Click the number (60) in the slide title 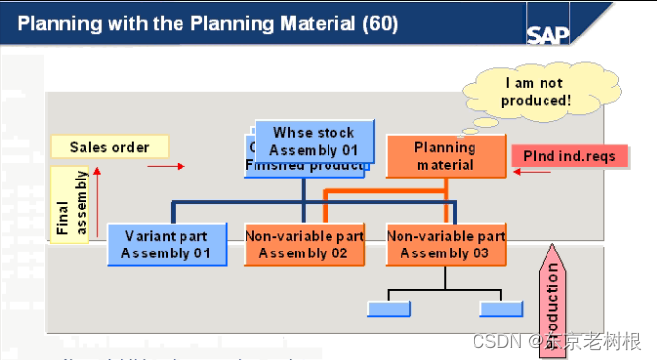click(x=379, y=22)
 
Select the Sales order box click(x=109, y=147)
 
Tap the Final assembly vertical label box click(x=73, y=204)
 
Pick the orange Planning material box click(x=444, y=156)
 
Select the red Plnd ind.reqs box click(x=570, y=156)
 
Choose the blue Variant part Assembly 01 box click(x=167, y=245)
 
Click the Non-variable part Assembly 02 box click(x=304, y=245)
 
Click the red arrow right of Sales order click(x=167, y=166)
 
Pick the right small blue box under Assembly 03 click(x=500, y=309)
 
